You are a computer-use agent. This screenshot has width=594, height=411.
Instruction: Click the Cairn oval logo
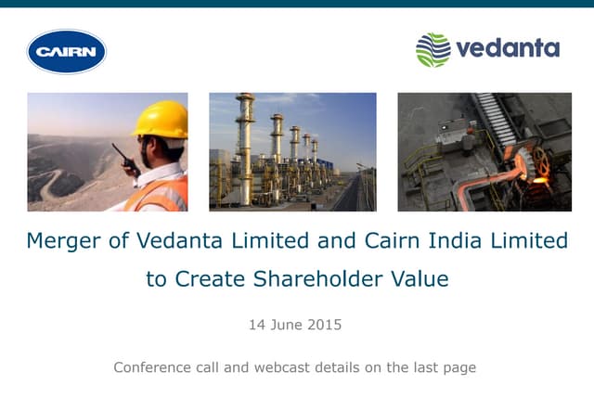[67, 51]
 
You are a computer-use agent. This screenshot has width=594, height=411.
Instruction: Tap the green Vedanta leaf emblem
[433, 49]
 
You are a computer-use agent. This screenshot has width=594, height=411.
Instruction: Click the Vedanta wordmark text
[507, 48]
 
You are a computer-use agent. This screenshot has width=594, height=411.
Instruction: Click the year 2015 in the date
[325, 325]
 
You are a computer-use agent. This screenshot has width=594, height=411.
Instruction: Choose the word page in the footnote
[458, 368]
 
